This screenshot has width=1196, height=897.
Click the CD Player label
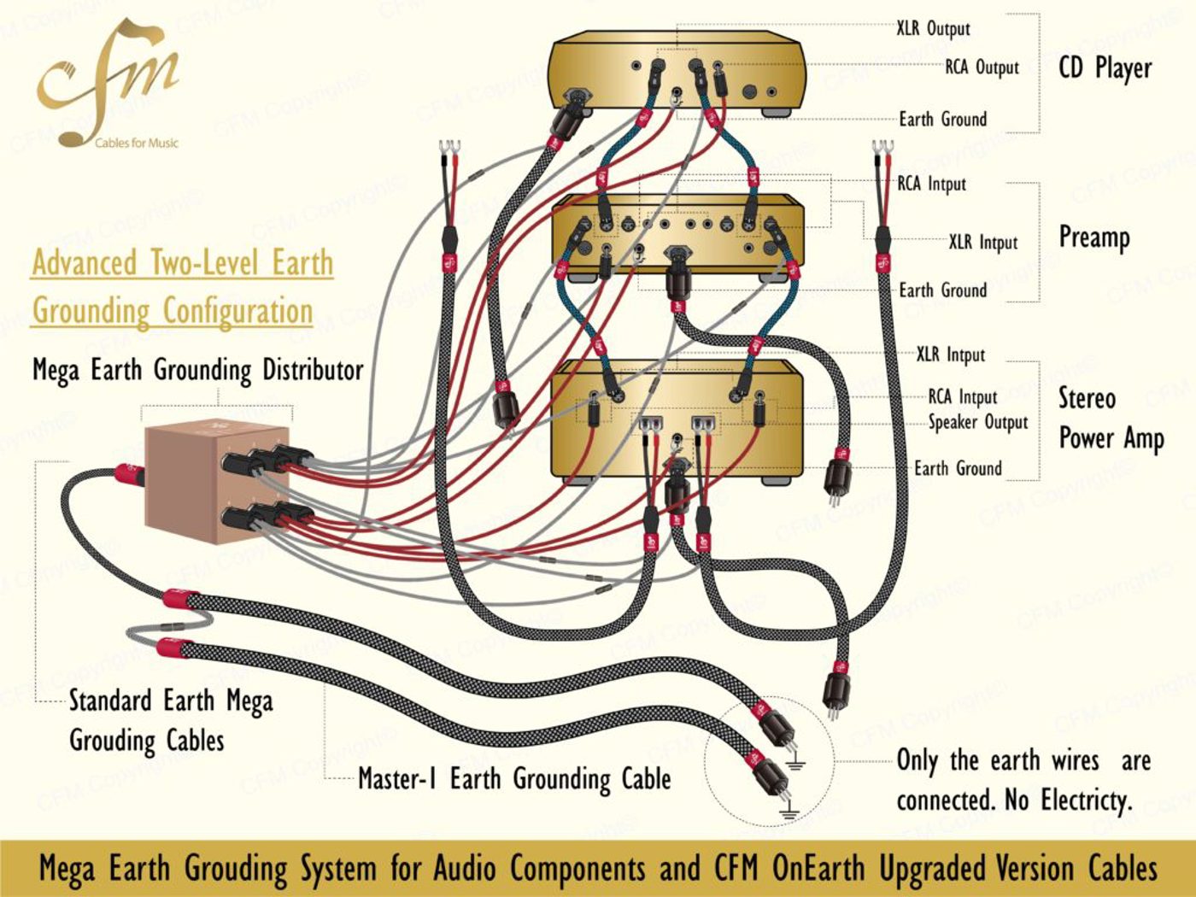coord(1105,68)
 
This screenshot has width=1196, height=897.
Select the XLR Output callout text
coord(934,28)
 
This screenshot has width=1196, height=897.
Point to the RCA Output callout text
coord(982,67)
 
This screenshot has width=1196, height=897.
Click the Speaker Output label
coord(978,422)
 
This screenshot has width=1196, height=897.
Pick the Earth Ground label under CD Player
coord(942,119)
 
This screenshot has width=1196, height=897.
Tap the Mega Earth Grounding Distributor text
coord(198,371)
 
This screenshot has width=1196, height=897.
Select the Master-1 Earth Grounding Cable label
coord(514,778)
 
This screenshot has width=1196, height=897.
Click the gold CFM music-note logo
coord(106,82)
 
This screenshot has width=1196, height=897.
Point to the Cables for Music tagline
coord(136,144)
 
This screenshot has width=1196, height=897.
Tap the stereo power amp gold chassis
coord(677,419)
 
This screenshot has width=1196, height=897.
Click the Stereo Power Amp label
coord(1111,419)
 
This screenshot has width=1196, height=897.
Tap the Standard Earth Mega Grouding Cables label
coord(171,720)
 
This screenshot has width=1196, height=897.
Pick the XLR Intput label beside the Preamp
coord(983,242)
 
